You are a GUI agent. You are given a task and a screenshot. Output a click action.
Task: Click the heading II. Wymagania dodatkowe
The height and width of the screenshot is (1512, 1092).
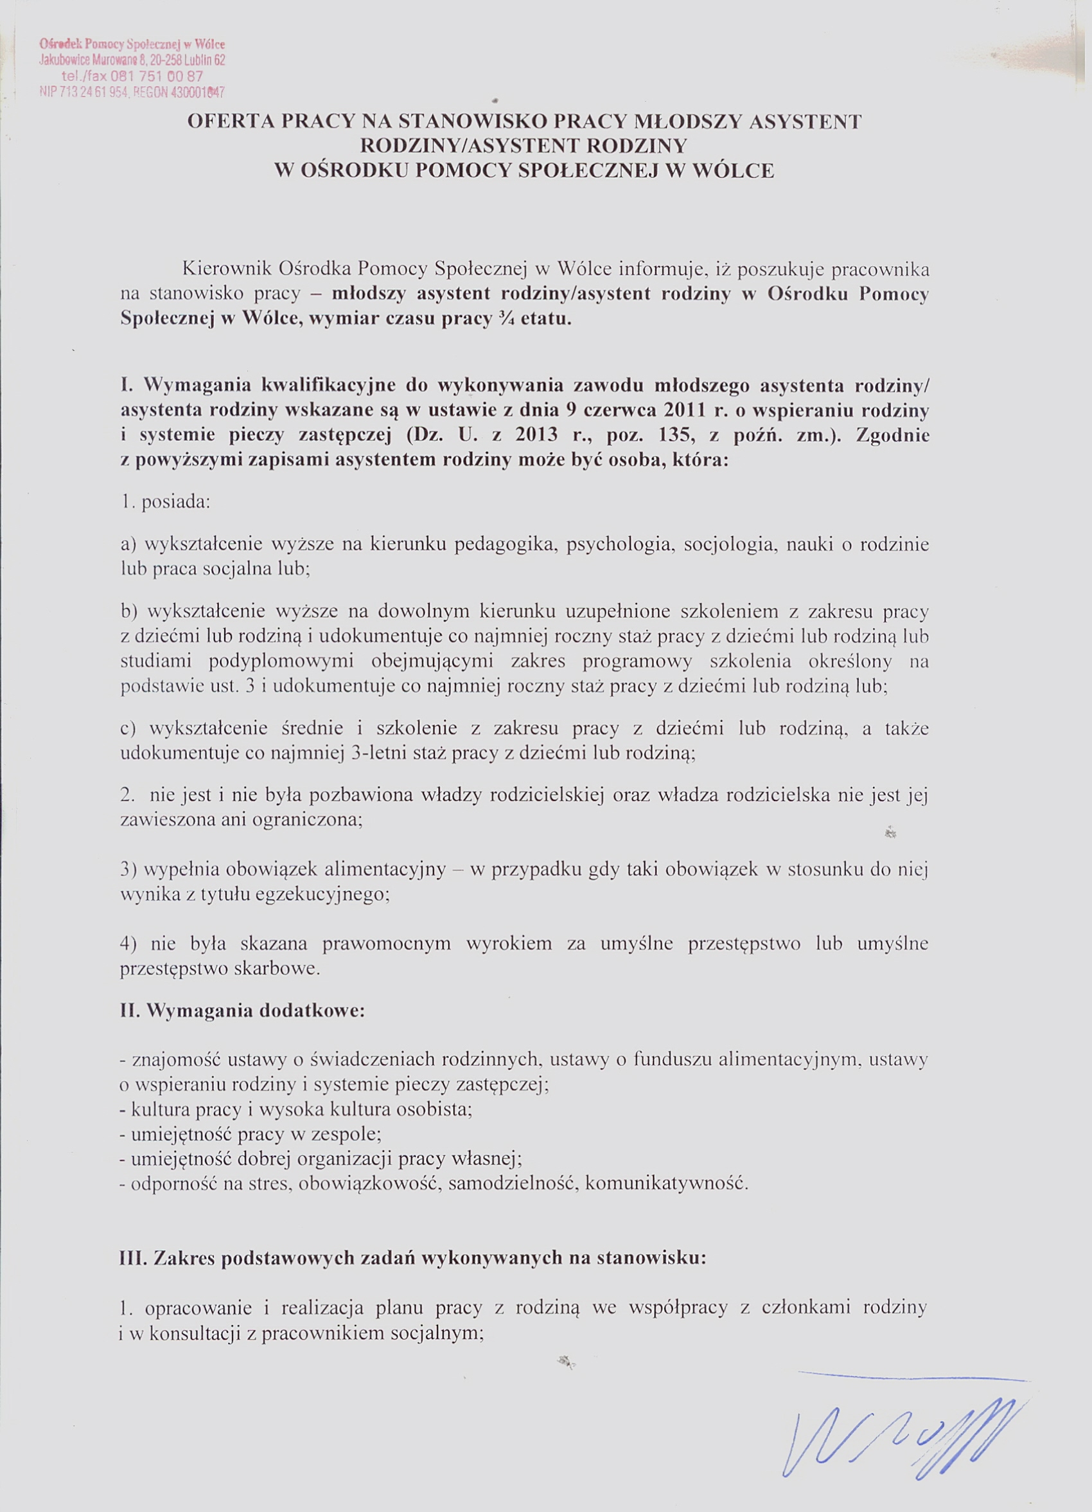click(x=243, y=1011)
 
